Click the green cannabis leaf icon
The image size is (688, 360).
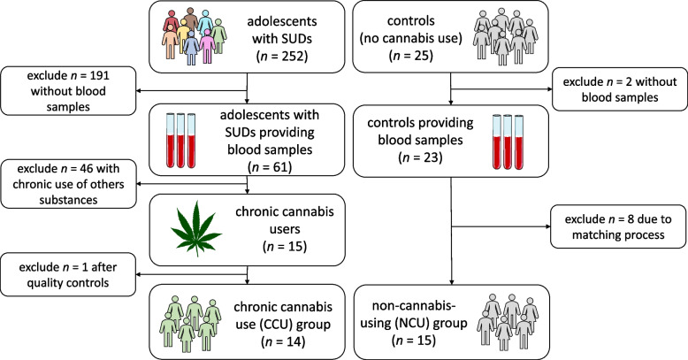[x=195, y=229]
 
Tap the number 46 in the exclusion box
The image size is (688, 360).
[x=85, y=169]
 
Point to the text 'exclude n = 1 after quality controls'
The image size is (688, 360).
[x=68, y=275]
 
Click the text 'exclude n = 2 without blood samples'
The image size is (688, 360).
[x=620, y=89]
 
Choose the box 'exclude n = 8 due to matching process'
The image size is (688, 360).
[x=618, y=226]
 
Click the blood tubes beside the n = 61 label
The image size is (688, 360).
[x=180, y=141]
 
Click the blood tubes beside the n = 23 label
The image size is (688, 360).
[x=508, y=142]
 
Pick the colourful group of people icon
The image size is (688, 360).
[x=194, y=36]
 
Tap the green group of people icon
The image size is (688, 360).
[x=190, y=324]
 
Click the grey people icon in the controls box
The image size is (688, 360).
[x=506, y=36]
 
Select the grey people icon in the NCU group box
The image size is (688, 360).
[x=508, y=322]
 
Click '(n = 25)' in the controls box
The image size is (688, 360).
[x=410, y=56]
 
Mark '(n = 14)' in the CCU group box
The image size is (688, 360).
[x=283, y=341]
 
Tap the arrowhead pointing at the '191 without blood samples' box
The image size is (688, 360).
[x=139, y=91]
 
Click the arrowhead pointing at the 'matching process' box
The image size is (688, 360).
[x=547, y=226]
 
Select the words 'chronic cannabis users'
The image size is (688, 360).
[x=285, y=220]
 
